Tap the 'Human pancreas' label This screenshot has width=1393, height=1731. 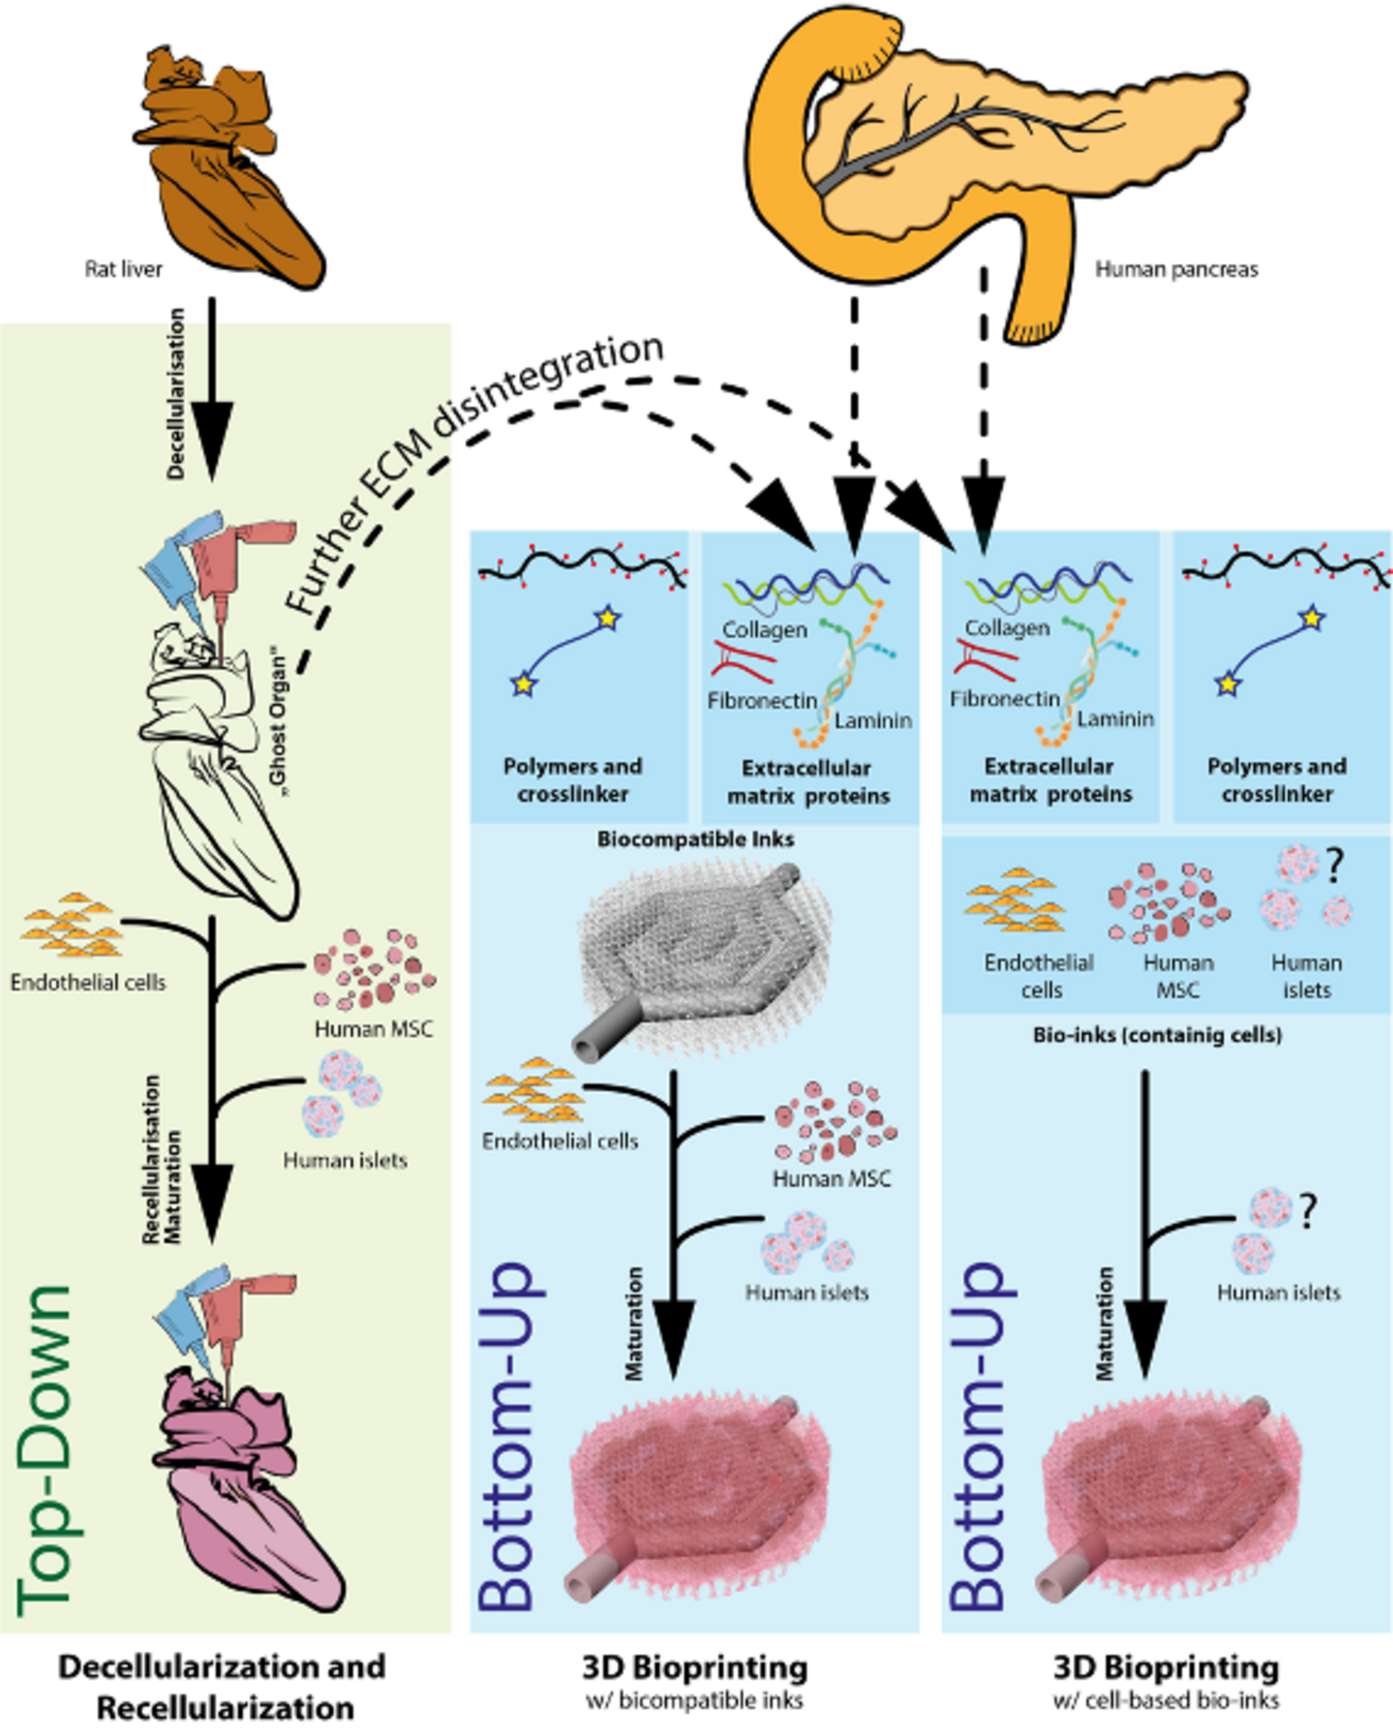(x=1176, y=269)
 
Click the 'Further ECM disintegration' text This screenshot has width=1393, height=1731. (x=474, y=474)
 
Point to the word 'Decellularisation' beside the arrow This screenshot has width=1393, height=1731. (x=176, y=393)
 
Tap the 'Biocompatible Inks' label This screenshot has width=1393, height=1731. (x=695, y=840)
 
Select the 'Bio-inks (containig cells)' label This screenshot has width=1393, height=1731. (x=1157, y=1035)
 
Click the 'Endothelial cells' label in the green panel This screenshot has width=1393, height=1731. (x=89, y=982)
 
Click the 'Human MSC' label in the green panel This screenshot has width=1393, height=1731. (x=373, y=1028)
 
